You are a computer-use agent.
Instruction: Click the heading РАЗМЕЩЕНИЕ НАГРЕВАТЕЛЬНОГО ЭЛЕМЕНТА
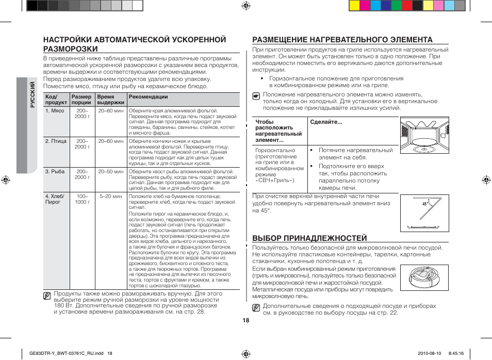(x=342, y=40)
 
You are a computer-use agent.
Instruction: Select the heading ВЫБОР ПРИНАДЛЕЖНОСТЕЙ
(x=309, y=238)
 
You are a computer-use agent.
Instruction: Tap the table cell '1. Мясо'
(x=55, y=111)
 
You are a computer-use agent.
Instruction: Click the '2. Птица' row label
(x=56, y=141)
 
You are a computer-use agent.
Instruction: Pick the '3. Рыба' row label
(x=55, y=172)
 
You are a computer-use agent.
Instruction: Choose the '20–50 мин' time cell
(x=111, y=172)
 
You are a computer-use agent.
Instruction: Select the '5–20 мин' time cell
(x=111, y=197)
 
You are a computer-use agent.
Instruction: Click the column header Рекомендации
(x=149, y=97)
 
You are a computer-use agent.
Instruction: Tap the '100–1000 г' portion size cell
(x=82, y=199)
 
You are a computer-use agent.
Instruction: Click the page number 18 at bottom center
(x=246, y=320)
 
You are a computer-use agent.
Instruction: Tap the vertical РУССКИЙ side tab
(x=32, y=95)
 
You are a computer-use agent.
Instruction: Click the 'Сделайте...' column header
(x=326, y=122)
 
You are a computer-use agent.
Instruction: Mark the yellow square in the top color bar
(x=354, y=6)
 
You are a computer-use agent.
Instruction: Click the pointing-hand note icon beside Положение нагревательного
(x=256, y=96)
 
